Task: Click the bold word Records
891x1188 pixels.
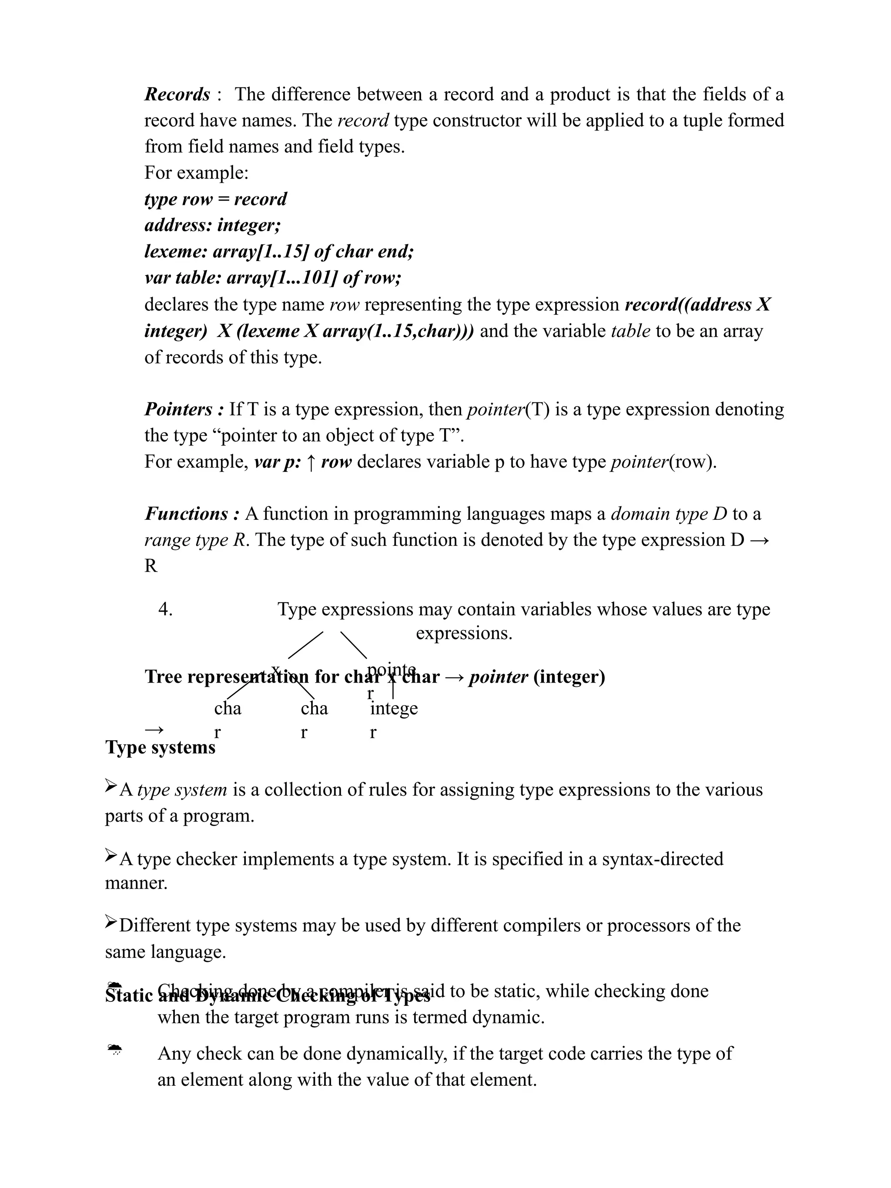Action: coord(177,94)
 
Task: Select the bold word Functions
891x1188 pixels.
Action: coord(186,514)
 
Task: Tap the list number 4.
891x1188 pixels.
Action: coord(165,609)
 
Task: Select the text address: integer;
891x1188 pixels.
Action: coord(213,225)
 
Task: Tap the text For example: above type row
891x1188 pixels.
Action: coord(196,173)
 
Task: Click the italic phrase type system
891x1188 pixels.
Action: coord(182,790)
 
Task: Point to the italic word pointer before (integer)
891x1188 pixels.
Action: coord(498,677)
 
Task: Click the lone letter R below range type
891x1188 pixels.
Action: coord(151,566)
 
